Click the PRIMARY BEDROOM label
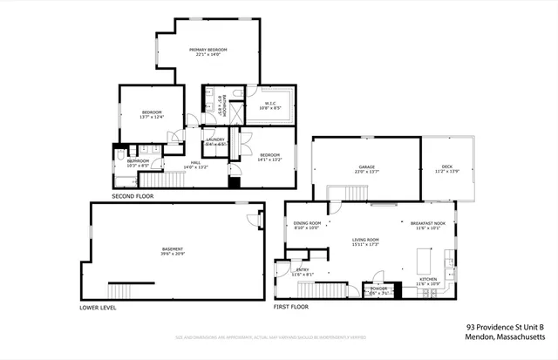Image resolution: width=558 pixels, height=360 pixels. coord(209,51)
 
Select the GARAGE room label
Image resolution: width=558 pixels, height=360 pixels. coord(366,168)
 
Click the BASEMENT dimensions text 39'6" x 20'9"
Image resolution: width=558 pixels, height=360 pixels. coord(173,254)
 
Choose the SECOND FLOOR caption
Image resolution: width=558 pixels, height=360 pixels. coord(133,196)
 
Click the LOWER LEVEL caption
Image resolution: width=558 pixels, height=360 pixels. coord(98,307)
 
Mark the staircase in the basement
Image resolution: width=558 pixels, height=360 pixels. coord(123,290)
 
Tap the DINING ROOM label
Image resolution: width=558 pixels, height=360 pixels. coord(308,223)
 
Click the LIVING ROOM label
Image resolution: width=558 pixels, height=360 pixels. coord(365,240)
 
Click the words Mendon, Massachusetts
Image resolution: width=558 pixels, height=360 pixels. coord(506,336)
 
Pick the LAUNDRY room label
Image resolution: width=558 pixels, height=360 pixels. coord(215,139)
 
